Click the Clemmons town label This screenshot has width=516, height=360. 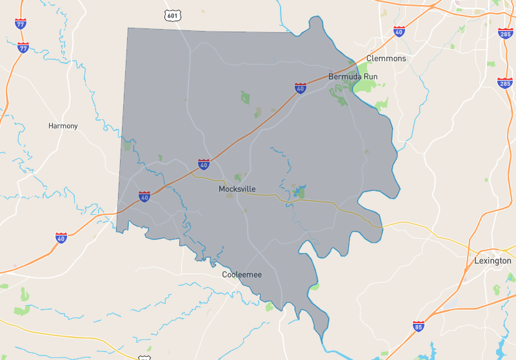coord(386,59)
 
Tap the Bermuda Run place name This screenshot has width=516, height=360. coord(353,76)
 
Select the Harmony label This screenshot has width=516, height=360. coord(63,126)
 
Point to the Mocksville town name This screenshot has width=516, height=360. coord(237,189)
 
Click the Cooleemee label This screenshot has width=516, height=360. coord(242,275)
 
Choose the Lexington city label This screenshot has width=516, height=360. coord(493,261)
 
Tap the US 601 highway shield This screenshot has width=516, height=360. coord(172,15)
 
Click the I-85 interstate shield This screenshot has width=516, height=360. coord(419,326)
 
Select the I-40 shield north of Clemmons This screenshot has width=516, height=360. coord(399,32)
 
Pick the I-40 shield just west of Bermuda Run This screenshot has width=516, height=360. coord(301,88)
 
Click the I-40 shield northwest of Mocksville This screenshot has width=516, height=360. coord(204,165)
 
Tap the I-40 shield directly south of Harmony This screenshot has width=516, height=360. coord(61,238)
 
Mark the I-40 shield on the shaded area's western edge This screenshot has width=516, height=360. coord(144,196)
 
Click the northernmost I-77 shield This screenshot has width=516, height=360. coord(21,24)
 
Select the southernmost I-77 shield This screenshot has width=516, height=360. coord(23,47)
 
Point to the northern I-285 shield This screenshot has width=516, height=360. coord(505,33)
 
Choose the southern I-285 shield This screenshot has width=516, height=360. coord(505,83)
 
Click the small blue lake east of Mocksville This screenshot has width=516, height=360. coord(299,192)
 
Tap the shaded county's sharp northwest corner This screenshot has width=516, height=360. coord(128,28)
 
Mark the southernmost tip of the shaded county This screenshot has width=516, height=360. coord(323,337)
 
